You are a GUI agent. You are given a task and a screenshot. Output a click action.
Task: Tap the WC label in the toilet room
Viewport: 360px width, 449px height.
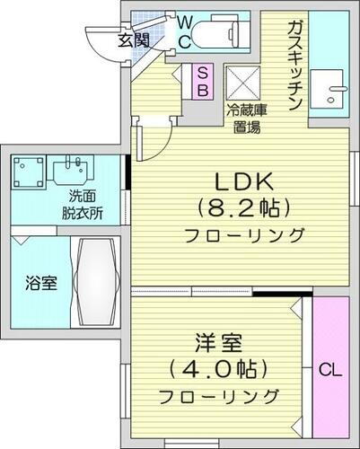click(x=183, y=30)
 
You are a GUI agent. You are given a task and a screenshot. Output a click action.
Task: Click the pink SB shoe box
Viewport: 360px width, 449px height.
click(x=202, y=81)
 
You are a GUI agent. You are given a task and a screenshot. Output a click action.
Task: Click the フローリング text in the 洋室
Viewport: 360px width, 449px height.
click(x=219, y=396)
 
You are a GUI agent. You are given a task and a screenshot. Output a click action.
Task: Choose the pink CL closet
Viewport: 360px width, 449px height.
click(x=329, y=369)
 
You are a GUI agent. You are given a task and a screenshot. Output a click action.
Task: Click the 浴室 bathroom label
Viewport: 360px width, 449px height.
click(x=39, y=285)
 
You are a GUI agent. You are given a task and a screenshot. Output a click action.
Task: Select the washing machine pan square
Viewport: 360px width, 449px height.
click(x=29, y=173)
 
